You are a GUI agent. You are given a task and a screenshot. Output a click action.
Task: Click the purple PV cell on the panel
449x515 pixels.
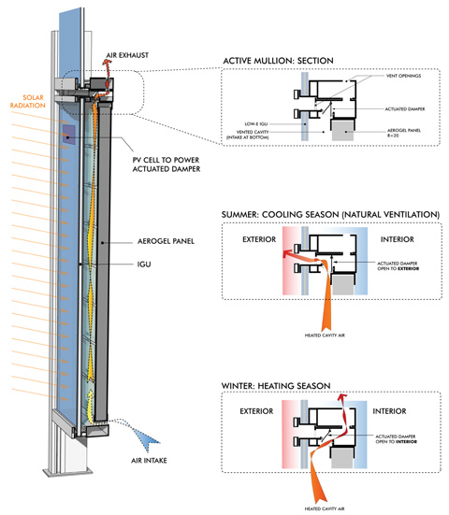pos(70,134)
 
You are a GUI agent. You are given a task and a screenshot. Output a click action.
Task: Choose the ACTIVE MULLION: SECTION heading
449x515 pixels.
pos(280,63)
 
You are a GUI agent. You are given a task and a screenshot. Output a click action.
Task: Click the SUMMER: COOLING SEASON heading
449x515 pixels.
pos(329,214)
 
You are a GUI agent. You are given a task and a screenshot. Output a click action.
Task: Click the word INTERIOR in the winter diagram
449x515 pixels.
pos(405,409)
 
